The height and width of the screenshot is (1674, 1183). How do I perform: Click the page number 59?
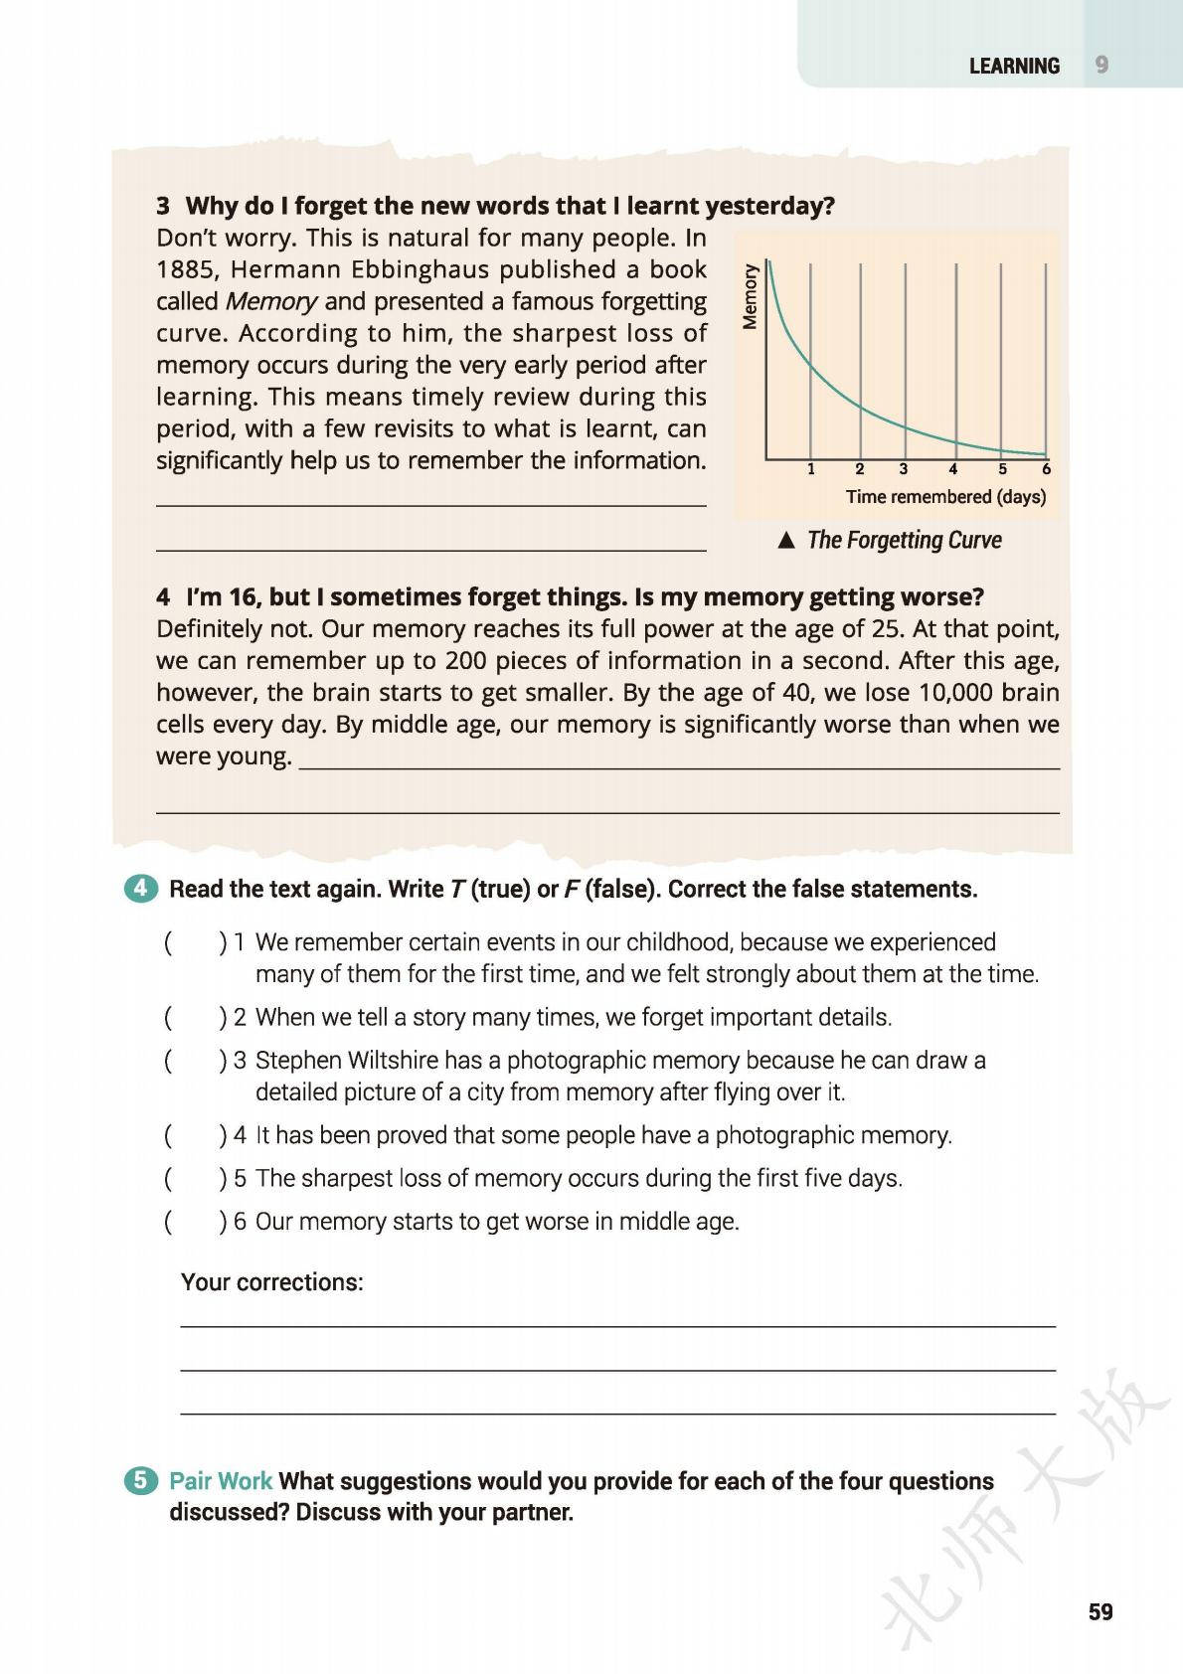1100,1611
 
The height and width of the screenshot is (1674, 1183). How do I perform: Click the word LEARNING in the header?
1014,66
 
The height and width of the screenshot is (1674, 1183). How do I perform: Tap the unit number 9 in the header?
1101,65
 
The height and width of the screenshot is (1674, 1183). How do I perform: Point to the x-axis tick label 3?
903,469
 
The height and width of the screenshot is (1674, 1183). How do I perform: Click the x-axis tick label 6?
1046,469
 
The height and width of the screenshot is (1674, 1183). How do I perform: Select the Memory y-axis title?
751,294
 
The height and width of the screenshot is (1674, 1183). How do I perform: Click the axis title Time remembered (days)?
945,496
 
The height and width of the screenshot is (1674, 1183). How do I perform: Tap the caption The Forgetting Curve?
904,540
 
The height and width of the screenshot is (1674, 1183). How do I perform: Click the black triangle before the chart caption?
786,541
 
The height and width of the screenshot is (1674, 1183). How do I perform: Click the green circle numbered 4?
142,888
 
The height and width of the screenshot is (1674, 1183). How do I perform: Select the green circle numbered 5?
142,1481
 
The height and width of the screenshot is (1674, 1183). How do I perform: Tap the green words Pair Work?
221,1481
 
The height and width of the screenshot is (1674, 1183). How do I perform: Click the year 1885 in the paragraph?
183,269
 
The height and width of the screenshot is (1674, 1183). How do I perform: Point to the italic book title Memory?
270,301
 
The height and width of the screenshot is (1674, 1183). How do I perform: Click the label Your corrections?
271,1282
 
